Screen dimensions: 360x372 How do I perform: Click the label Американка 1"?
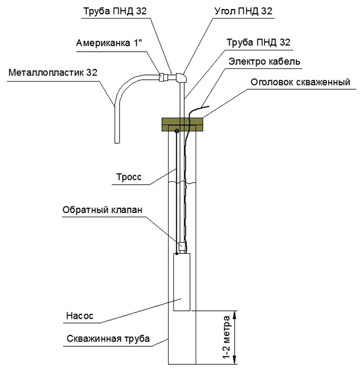(x=109, y=43)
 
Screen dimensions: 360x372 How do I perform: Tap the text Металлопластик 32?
(x=53, y=73)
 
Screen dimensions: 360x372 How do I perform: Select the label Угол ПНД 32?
(x=243, y=11)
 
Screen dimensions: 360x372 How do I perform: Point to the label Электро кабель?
(x=264, y=62)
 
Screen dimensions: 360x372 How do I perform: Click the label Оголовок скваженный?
(x=301, y=82)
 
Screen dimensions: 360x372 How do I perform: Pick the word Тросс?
(x=129, y=177)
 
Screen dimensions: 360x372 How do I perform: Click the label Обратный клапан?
(x=103, y=210)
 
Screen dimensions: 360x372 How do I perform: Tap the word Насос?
(x=80, y=316)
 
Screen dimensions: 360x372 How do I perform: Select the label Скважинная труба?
(x=108, y=339)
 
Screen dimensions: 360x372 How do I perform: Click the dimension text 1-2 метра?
(x=227, y=337)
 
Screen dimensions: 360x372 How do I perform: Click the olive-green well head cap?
(x=182, y=125)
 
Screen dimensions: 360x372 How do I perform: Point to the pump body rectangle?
(x=182, y=282)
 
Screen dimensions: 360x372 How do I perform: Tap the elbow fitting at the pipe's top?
(x=182, y=77)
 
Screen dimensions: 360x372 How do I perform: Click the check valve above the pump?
(x=182, y=246)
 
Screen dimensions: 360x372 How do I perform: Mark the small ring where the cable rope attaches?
(x=176, y=131)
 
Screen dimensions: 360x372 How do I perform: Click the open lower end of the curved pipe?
(x=117, y=143)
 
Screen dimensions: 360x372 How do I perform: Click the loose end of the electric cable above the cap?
(x=208, y=107)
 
